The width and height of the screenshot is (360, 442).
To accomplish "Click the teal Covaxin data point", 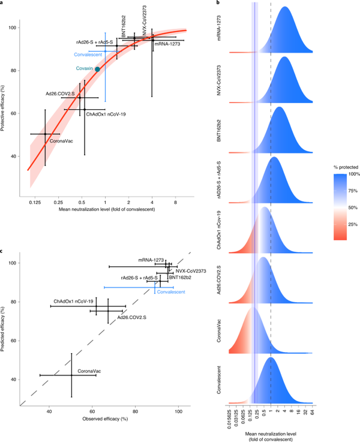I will (x=98, y=70).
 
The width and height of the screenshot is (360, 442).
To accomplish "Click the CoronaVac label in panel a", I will (x=61, y=140).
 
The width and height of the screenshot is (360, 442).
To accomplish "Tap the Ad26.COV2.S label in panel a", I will (x=60, y=94).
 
